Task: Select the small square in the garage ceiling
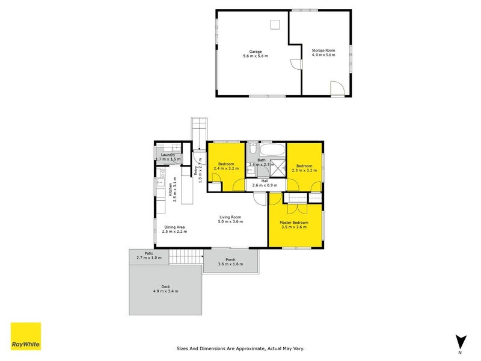pyautogui.click(x=275, y=24)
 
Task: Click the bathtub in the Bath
pyautogui.click(x=272, y=150)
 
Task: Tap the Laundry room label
pyautogui.click(x=168, y=155)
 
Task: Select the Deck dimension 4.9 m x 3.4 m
pyautogui.click(x=165, y=291)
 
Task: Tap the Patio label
pyautogui.click(x=149, y=253)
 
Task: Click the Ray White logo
pyautogui.click(x=26, y=336)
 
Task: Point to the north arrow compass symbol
pyautogui.click(x=460, y=341)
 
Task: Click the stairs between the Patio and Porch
pyautogui.click(x=185, y=257)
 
